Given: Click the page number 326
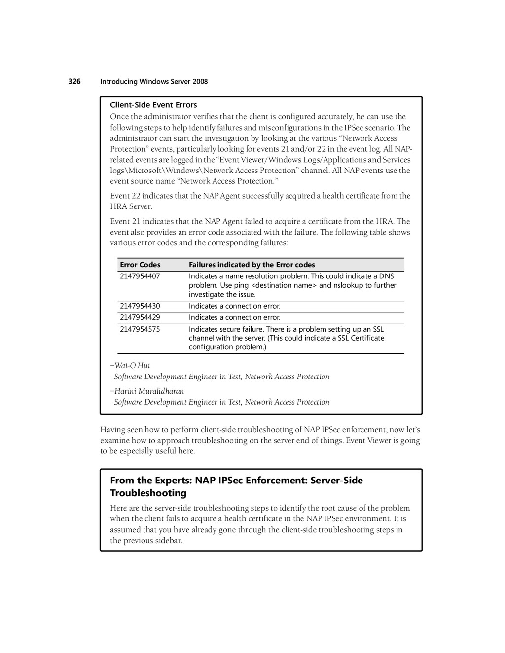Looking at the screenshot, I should pos(74,81).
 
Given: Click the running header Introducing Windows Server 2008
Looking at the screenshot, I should pos(154,82).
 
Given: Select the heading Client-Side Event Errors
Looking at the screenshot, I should pos(153,105).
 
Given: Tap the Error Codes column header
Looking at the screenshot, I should pos(140,265).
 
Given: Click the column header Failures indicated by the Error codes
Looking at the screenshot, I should pos(252,265).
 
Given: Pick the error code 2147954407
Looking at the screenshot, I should pos(140,276).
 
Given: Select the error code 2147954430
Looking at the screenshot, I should pos(140,306).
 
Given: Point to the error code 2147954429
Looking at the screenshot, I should pos(140,317).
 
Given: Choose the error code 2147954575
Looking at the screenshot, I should pos(140,329).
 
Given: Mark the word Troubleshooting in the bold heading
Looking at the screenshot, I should pos(148,493).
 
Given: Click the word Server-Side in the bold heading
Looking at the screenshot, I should pos(336,481).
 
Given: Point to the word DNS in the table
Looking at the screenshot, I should pos(386,276).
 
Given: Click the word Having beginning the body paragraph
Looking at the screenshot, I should pos(112,430).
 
